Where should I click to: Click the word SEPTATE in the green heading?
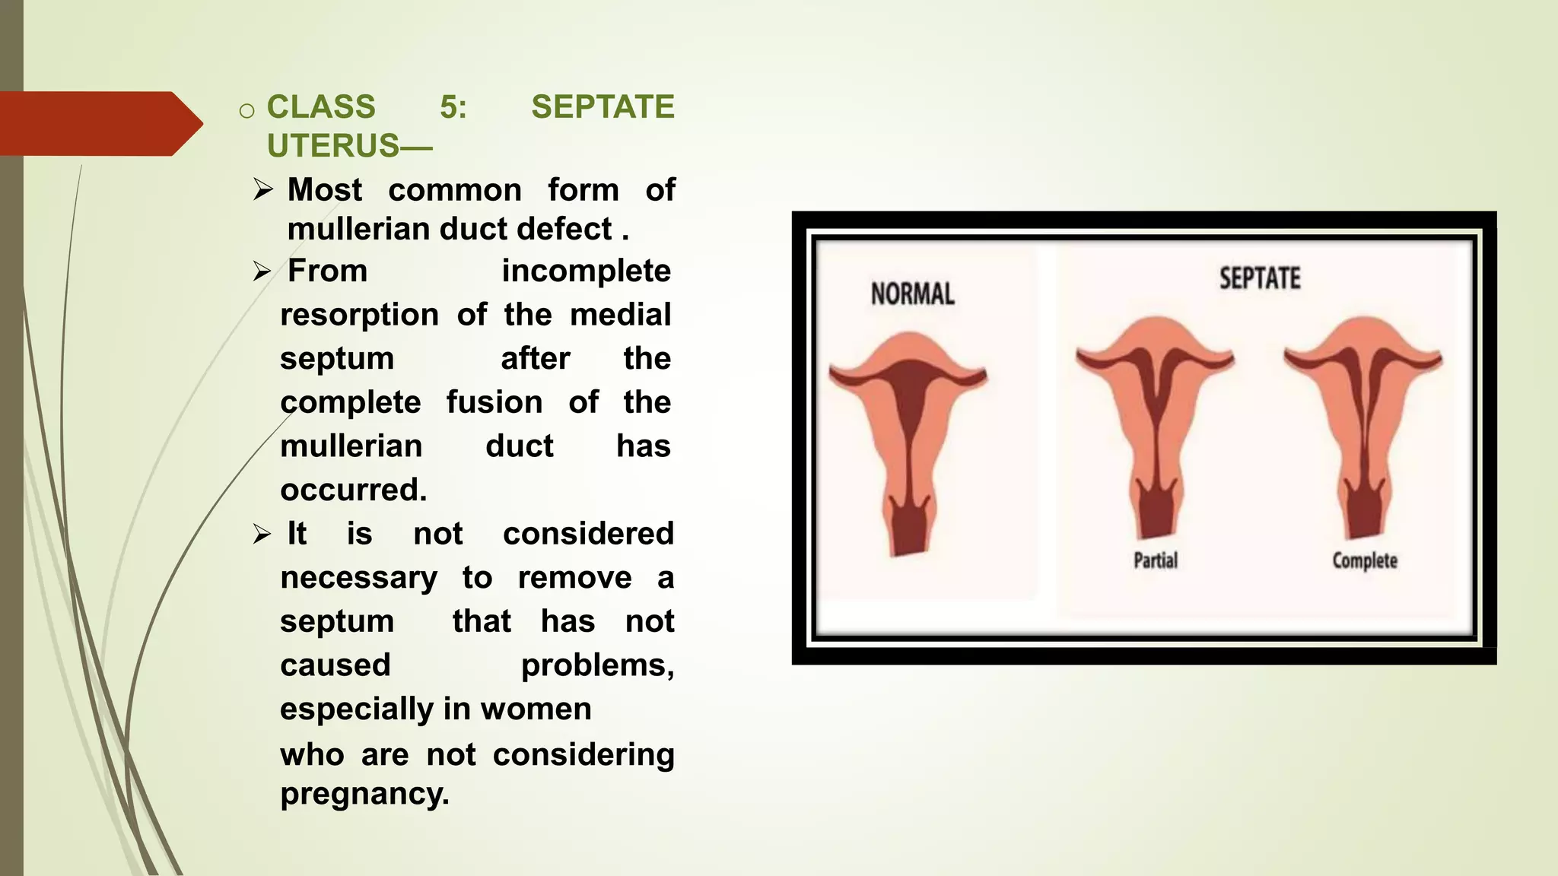pyautogui.click(x=603, y=107)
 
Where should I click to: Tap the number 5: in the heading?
pyautogui.click(x=453, y=107)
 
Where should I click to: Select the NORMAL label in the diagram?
pyautogui.click(x=912, y=294)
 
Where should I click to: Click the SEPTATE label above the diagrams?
pyautogui.click(x=1260, y=278)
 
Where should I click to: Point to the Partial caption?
pyautogui.click(x=1156, y=561)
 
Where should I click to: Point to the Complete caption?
pyautogui.click(x=1365, y=561)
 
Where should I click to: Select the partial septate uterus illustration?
pyautogui.click(x=1155, y=426)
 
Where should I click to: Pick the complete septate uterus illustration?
pyautogui.click(x=1363, y=426)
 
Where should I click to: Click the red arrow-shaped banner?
pyautogui.click(x=99, y=124)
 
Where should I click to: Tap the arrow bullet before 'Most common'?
pyautogui.click(x=263, y=189)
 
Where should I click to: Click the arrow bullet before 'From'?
pyautogui.click(x=262, y=271)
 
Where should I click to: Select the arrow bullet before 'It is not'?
pyautogui.click(x=262, y=535)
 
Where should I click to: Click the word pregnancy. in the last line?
pyautogui.click(x=364, y=795)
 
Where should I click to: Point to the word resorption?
pyautogui.click(x=359, y=316)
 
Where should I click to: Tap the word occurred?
pyautogui.click(x=354, y=490)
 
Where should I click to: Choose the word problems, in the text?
pyautogui.click(x=597, y=666)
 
